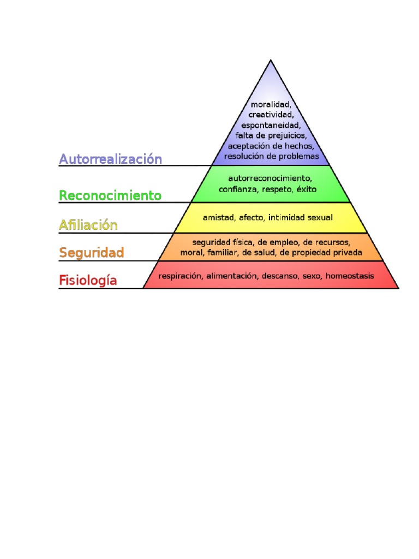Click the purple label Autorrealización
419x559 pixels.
(110, 159)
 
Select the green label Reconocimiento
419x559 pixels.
(110, 195)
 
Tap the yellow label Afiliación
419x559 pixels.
(88, 224)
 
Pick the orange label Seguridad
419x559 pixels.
(92, 253)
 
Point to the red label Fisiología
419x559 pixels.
(88, 281)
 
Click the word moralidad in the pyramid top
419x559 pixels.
(271, 104)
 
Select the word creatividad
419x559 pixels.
(271, 115)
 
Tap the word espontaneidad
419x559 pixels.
(271, 125)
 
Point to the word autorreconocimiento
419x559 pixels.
(270, 179)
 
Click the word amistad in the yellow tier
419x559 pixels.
(219, 217)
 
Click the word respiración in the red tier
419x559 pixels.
(180, 276)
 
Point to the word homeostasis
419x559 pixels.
(350, 276)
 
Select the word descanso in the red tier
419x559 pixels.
(279, 276)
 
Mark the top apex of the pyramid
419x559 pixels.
(271, 61)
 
